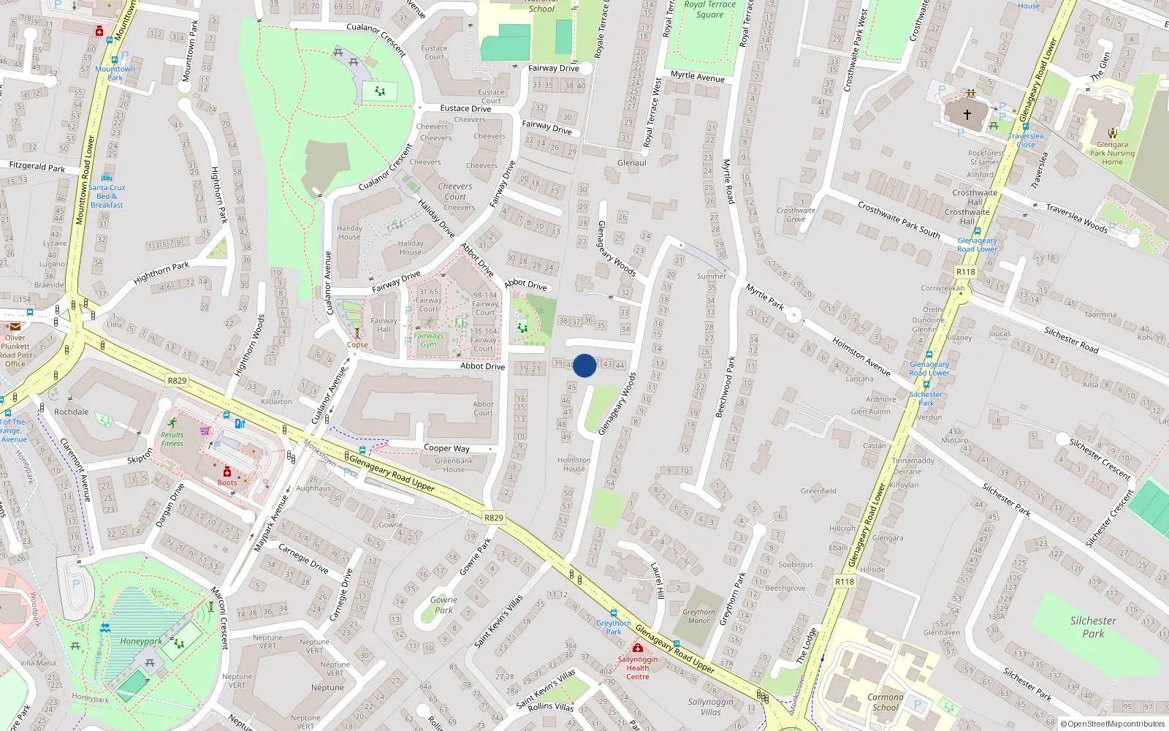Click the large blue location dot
click(584, 365)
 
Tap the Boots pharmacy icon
click(227, 472)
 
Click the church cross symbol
click(967, 115)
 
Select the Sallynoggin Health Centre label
click(637, 667)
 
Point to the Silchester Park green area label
click(1093, 626)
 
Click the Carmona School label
click(885, 702)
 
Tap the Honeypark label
click(141, 641)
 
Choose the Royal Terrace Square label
click(709, 10)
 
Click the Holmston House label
click(574, 464)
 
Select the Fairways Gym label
click(429, 340)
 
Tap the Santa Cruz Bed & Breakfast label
click(107, 196)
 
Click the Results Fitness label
click(172, 439)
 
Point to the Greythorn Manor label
click(699, 616)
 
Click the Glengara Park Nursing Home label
click(1112, 153)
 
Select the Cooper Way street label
click(446, 448)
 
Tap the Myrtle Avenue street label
click(697, 76)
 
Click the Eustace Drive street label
click(465, 108)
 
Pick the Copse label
click(357, 344)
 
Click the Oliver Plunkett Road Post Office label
click(15, 350)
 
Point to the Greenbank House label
click(454, 465)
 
